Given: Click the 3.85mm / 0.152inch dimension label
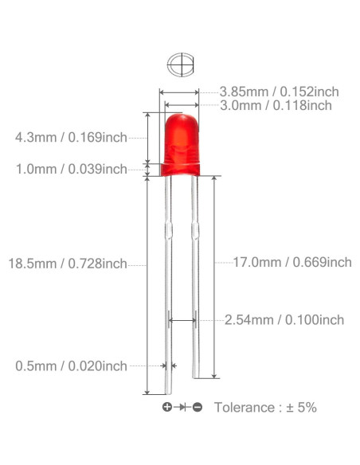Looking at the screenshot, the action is [x=279, y=92].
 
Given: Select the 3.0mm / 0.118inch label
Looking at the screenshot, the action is [x=276, y=106].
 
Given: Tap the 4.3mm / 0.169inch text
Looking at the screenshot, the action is [x=71, y=138].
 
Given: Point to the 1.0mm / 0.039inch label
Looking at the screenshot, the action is [x=72, y=170].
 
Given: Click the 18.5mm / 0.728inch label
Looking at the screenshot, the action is [x=68, y=264].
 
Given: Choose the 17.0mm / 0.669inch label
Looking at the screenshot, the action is [x=292, y=263].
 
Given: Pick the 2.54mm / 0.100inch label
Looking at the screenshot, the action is [x=284, y=320].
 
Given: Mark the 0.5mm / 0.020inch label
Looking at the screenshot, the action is [x=71, y=366].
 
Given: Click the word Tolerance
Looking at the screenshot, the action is [x=245, y=408].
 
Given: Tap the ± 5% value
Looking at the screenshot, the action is [x=301, y=408].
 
